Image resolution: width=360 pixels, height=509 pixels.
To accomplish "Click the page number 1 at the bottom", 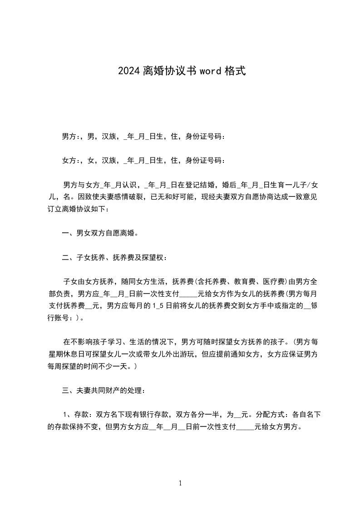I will (180, 483).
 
